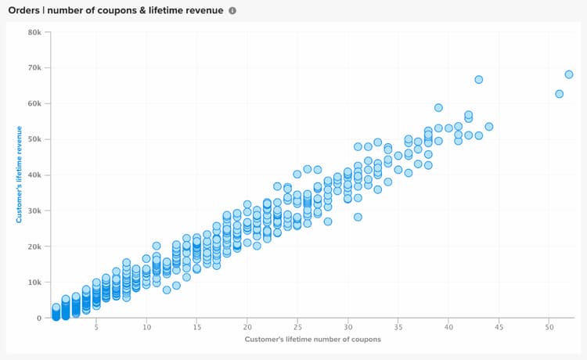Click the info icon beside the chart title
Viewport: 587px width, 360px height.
[x=232, y=11]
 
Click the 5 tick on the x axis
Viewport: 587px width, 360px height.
[x=96, y=327]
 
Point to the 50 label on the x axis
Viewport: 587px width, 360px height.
[x=549, y=327]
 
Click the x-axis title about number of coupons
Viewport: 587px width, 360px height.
[x=313, y=340]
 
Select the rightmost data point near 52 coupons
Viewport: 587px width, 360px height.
[x=569, y=74]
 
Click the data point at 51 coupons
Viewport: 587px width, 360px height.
[x=559, y=94]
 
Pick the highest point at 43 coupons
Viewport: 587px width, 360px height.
[x=478, y=80]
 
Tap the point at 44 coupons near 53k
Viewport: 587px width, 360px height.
[x=488, y=126]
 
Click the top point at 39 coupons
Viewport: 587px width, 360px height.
[x=438, y=108]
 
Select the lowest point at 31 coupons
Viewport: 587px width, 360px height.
[x=358, y=217]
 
